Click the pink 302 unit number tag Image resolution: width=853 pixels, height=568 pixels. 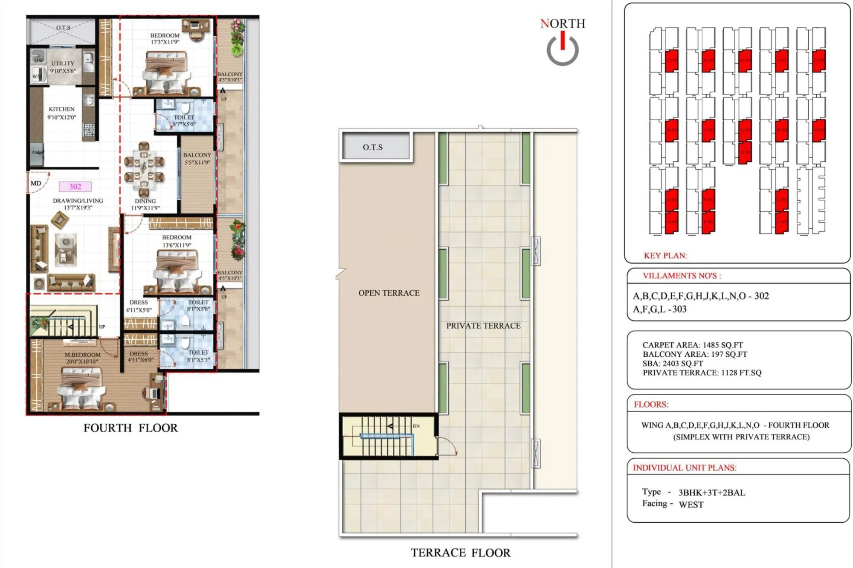(75, 186)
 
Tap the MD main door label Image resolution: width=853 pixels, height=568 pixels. (36, 184)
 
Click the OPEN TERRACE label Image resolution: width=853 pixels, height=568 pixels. (389, 293)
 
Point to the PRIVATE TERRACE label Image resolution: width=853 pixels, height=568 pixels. (483, 326)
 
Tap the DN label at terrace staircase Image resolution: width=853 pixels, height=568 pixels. (416, 426)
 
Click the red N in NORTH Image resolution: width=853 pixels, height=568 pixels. (544, 24)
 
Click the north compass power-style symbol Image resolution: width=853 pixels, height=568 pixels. (563, 50)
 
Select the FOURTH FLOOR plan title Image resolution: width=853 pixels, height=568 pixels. (131, 428)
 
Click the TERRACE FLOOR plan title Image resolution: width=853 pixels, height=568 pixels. (460, 553)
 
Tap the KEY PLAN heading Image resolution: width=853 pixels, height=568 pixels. (665, 256)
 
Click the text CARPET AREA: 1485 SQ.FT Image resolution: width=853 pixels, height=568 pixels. (692, 345)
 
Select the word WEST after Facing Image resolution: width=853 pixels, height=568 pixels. (691, 504)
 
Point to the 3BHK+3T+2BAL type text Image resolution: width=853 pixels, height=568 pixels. (711, 492)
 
